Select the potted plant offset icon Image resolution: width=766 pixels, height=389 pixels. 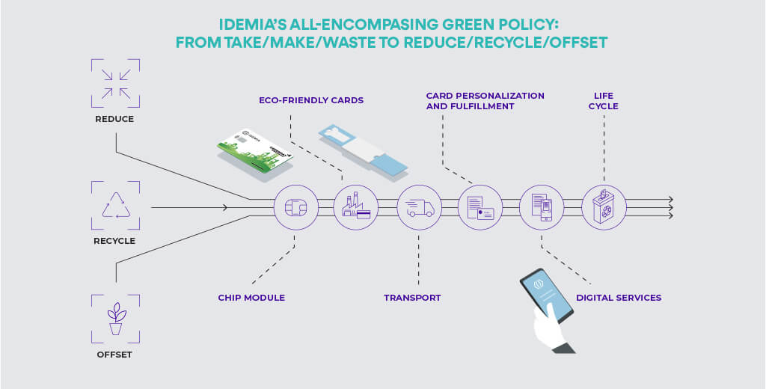click(x=115, y=318)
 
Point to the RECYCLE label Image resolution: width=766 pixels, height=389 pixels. click(x=114, y=241)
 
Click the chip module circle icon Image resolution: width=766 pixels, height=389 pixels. click(x=294, y=206)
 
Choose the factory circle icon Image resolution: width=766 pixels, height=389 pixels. click(x=356, y=206)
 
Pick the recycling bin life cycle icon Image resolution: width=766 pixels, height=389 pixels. click(x=604, y=206)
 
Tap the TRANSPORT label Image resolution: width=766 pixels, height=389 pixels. click(x=412, y=298)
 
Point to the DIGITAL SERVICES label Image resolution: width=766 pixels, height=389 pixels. click(x=619, y=298)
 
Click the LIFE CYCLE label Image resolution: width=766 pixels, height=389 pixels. click(x=604, y=101)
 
